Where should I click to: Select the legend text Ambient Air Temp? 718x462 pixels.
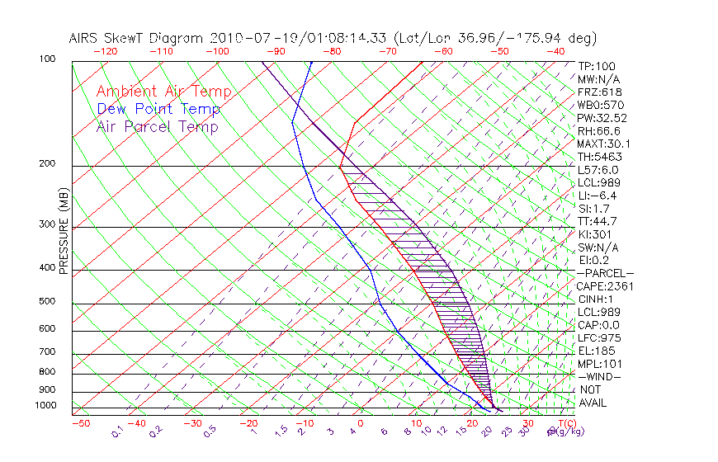163,92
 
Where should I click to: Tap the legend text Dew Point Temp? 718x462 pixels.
158,110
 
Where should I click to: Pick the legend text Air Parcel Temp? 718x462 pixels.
157,127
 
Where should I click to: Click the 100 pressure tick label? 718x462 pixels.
48,59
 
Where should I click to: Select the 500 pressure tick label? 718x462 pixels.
48,302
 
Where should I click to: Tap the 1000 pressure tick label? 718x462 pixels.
45,406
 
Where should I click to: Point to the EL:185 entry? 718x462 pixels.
595,351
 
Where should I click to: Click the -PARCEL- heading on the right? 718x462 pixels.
605,273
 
